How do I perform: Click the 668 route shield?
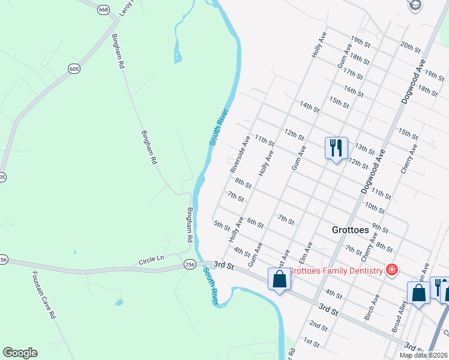[x=103, y=10]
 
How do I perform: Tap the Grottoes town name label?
[x=354, y=230]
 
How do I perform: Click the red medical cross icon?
[x=392, y=271]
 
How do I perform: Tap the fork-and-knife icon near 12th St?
[x=336, y=147]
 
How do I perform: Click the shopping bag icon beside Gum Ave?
[x=280, y=279]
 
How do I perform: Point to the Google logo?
[x=20, y=353]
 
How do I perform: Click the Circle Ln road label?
[x=151, y=259]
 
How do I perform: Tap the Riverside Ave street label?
[x=240, y=154]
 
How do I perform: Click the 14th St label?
[x=310, y=107]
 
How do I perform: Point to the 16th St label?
[x=354, y=91]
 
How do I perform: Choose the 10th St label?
[x=375, y=208]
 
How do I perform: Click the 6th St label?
[x=255, y=223]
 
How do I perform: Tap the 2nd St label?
[x=319, y=326]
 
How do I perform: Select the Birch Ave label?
[x=372, y=307]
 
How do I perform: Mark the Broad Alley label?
[x=400, y=312]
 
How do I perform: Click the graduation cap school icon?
[x=415, y=5]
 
